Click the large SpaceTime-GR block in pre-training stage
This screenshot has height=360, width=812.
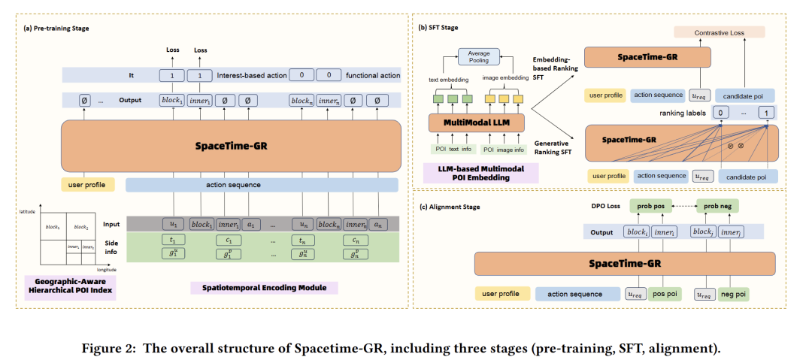click(x=228, y=146)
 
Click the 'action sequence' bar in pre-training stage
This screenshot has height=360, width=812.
click(x=261, y=184)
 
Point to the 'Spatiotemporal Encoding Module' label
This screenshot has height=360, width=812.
click(x=264, y=288)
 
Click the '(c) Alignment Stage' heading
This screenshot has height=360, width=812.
click(x=450, y=206)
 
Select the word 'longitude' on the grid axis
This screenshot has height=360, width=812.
click(x=108, y=269)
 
